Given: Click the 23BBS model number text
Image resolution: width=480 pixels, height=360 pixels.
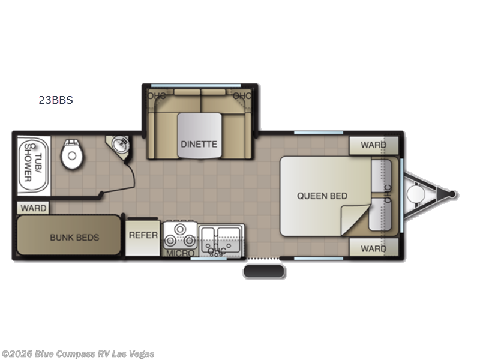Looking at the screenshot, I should pyautogui.click(x=56, y=100).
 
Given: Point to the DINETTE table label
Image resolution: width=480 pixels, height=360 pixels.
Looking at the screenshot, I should pyautogui.click(x=199, y=144).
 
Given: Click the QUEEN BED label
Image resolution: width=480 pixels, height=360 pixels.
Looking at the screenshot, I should pyautogui.click(x=322, y=196).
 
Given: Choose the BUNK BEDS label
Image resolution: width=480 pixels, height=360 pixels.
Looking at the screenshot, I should pyautogui.click(x=74, y=237).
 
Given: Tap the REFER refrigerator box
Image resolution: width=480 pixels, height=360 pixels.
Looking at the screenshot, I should pyautogui.click(x=143, y=235).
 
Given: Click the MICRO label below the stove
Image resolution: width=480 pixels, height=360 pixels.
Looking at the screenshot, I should pyautogui.click(x=180, y=254).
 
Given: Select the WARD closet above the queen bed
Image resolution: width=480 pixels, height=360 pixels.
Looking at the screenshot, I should pyautogui.click(x=373, y=145).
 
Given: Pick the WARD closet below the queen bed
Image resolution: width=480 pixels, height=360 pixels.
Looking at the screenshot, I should pyautogui.click(x=373, y=248).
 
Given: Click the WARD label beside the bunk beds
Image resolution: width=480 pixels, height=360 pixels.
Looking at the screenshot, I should pyautogui.click(x=33, y=208).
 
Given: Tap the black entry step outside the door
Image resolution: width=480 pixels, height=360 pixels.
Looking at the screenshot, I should pyautogui.click(x=264, y=271).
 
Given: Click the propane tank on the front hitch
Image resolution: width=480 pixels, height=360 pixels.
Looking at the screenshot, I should pyautogui.click(x=415, y=194).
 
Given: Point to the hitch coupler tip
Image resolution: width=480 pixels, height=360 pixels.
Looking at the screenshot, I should pyautogui.click(x=452, y=194).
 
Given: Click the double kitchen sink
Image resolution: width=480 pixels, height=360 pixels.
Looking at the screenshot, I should pyautogui.click(x=221, y=236).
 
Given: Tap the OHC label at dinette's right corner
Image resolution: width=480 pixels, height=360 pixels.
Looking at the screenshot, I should pyautogui.click(x=242, y=95).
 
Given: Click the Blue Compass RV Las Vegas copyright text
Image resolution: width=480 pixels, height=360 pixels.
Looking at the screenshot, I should pyautogui.click(x=78, y=353).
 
